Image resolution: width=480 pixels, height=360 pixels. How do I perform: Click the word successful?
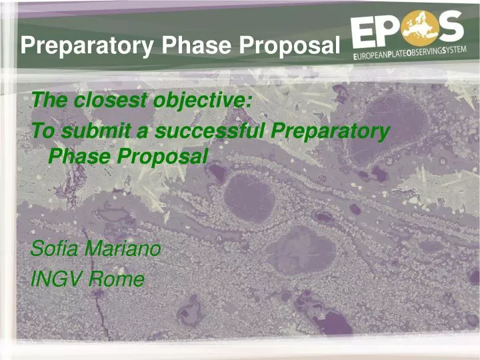coord(209,131)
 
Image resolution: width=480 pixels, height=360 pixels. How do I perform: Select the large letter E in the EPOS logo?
coord(368,30)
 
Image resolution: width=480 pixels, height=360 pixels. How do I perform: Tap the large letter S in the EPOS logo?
coord(451,29)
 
